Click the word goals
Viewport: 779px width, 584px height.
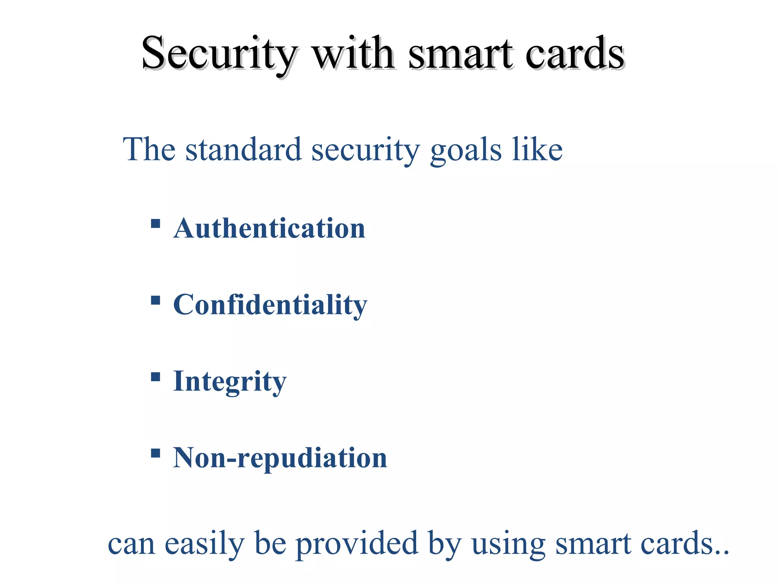(x=466, y=150)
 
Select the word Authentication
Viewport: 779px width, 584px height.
(x=269, y=229)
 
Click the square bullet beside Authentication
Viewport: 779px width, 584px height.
(x=155, y=223)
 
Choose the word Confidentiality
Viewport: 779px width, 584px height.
(x=270, y=305)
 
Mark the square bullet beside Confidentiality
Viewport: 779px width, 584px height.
(x=155, y=300)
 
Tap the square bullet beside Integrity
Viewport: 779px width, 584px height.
(x=155, y=377)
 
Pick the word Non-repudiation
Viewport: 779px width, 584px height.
(x=280, y=458)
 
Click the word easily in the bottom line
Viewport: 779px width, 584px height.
(x=204, y=544)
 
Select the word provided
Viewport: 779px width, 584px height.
(x=357, y=544)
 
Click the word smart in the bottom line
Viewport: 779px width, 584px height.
(x=593, y=544)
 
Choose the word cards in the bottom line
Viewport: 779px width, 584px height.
(x=677, y=544)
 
